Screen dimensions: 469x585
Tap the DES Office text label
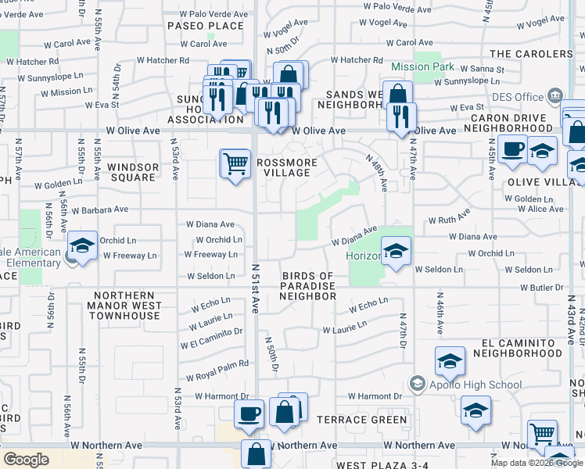(x=519, y=97)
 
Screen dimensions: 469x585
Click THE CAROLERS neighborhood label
(x=531, y=54)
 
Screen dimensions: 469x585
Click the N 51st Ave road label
(x=255, y=288)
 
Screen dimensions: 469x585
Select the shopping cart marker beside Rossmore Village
(x=235, y=165)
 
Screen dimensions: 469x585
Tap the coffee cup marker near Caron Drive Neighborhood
(x=513, y=149)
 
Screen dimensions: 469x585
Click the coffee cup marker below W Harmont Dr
(x=249, y=414)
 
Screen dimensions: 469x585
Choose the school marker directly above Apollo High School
(x=450, y=361)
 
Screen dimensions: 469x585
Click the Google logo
(x=27, y=460)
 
